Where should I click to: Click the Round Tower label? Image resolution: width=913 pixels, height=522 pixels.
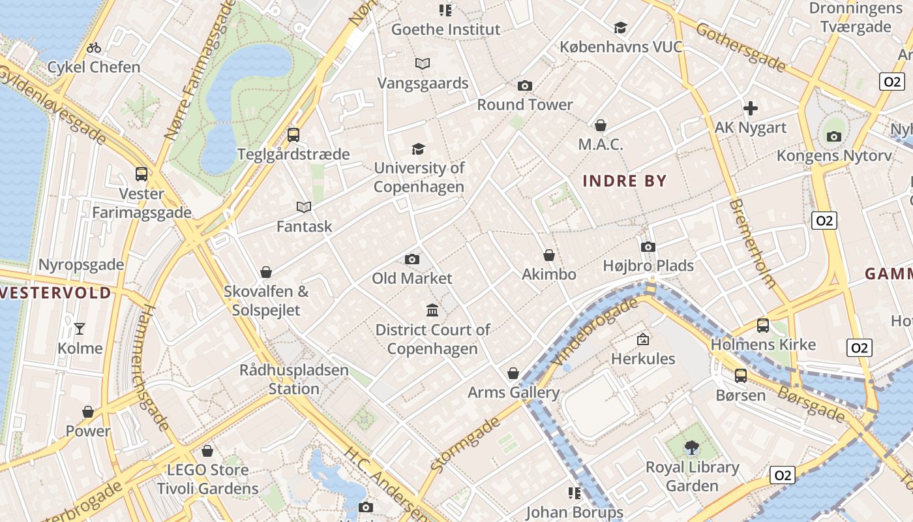click(x=524, y=104)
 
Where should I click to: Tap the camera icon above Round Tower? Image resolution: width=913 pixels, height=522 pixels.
click(x=524, y=85)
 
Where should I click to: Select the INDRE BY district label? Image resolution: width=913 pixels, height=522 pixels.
click(x=624, y=181)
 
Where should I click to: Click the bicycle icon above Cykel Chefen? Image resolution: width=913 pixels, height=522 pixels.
click(x=94, y=48)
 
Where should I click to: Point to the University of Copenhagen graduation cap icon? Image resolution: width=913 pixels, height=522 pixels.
click(x=418, y=149)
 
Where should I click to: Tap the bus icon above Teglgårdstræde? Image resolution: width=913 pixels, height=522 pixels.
click(x=293, y=135)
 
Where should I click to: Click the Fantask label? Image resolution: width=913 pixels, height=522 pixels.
click(x=304, y=226)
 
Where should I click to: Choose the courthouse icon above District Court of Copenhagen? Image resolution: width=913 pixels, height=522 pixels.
click(x=432, y=309)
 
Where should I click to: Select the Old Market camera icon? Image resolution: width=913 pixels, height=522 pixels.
click(x=412, y=259)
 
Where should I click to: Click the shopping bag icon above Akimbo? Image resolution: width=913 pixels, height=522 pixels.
click(x=549, y=255)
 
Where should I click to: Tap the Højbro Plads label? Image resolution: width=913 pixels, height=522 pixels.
click(x=648, y=266)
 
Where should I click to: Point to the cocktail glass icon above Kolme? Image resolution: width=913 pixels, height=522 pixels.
click(x=80, y=328)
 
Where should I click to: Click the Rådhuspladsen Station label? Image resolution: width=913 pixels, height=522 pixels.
click(x=293, y=379)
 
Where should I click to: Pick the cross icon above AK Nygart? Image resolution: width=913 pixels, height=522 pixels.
click(x=751, y=108)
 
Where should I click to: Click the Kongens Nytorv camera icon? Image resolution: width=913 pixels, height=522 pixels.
click(x=833, y=136)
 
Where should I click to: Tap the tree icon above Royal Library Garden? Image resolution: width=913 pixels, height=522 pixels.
click(x=691, y=448)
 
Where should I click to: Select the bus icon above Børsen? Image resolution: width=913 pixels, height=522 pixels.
click(x=740, y=375)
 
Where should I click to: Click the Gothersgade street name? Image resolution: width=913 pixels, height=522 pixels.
click(x=740, y=47)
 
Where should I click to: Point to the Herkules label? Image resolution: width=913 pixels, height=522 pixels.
click(x=642, y=358)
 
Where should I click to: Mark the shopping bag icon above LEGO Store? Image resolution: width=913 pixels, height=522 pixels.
click(x=207, y=451)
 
